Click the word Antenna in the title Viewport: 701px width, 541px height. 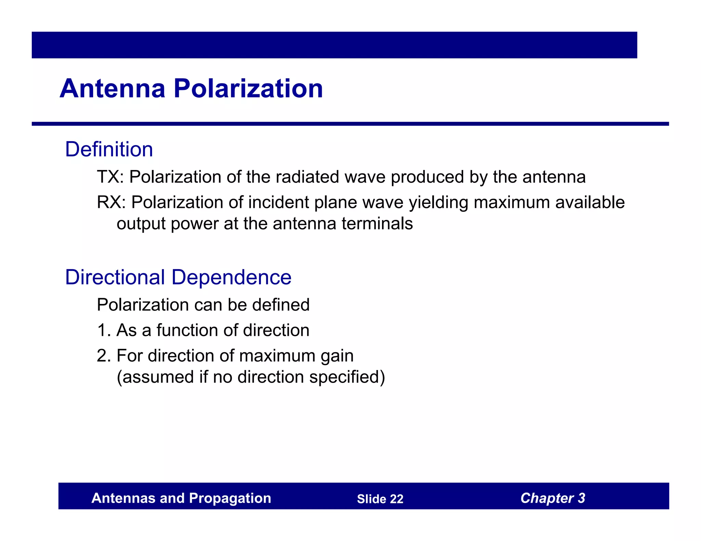(x=113, y=89)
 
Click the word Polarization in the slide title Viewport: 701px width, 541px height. (x=248, y=89)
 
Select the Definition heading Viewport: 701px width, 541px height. (x=109, y=149)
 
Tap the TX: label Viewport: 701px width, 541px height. (x=110, y=177)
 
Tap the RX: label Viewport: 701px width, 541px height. (x=112, y=202)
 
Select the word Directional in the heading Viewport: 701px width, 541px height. (x=115, y=277)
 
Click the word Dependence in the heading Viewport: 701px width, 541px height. (x=231, y=277)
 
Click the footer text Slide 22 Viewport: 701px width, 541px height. (x=380, y=499)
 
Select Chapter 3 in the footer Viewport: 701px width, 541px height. (x=552, y=498)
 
